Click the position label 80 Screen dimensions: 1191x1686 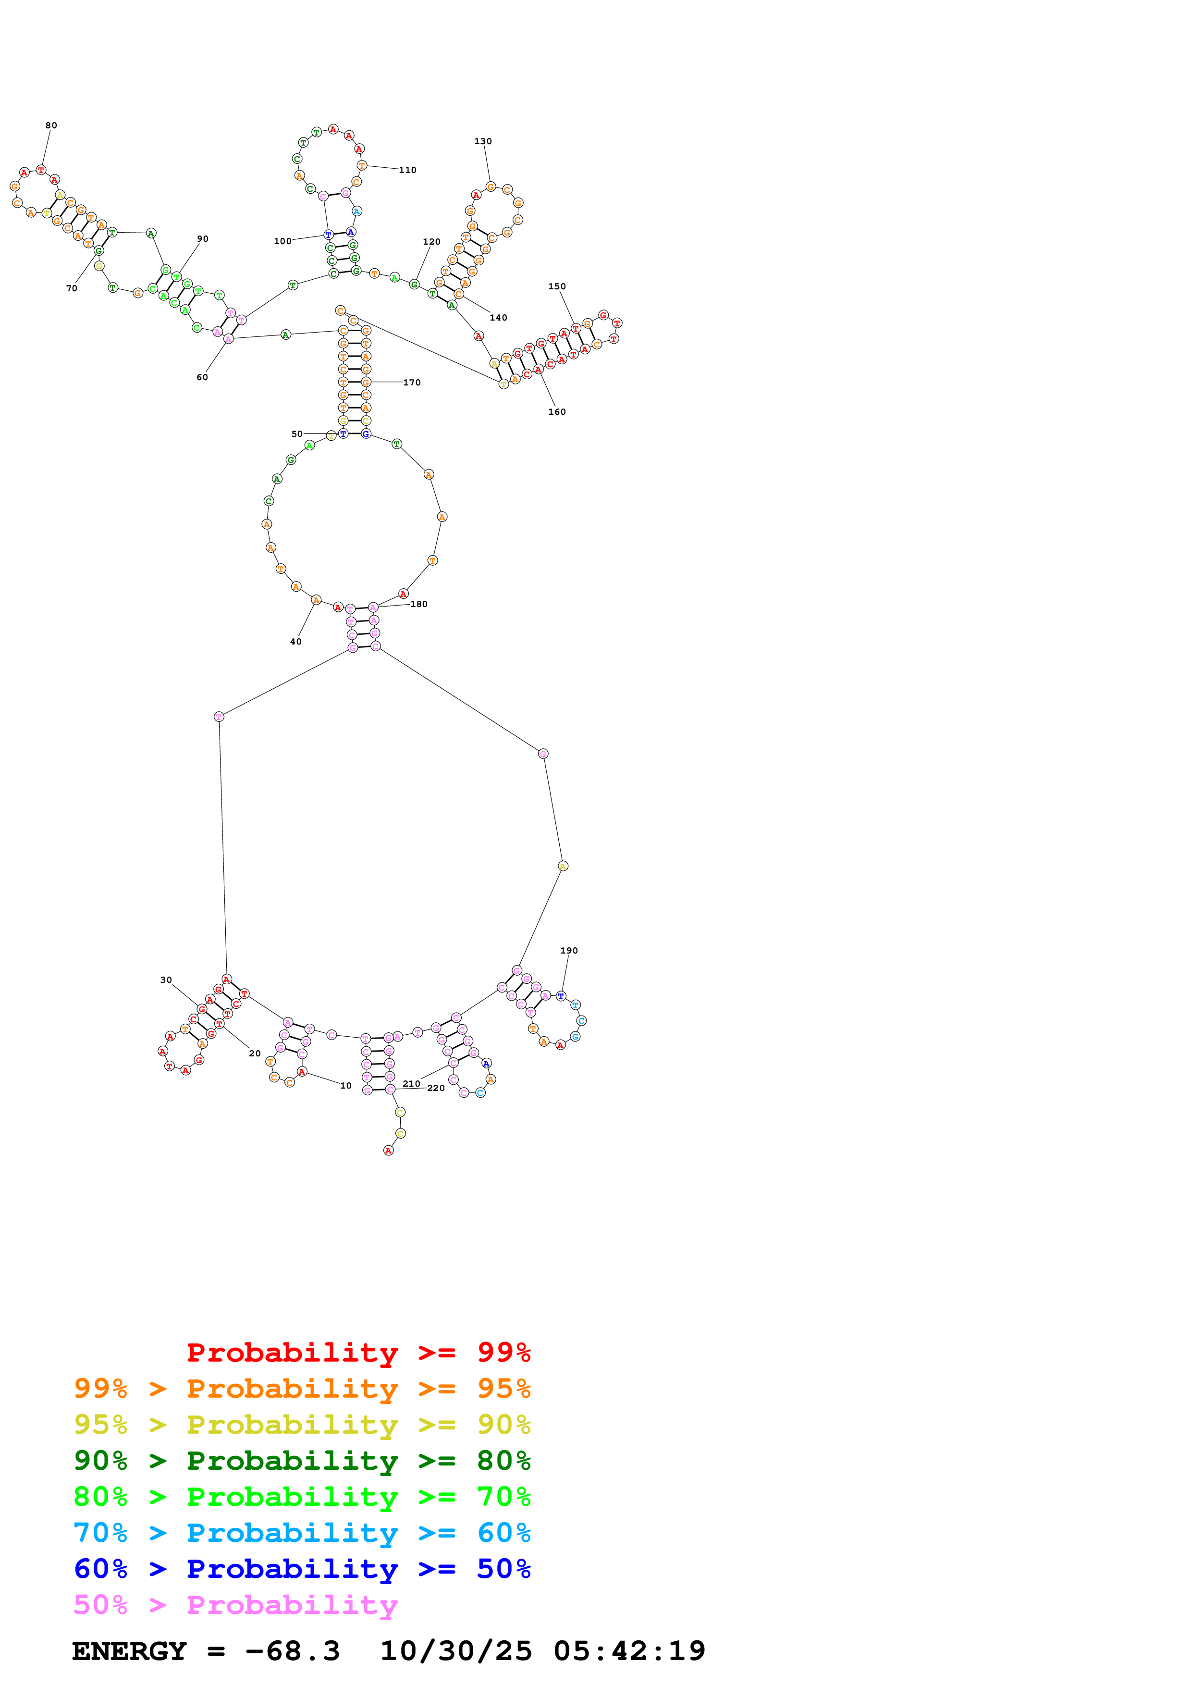click(x=51, y=125)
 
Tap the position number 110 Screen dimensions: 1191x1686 click(x=407, y=170)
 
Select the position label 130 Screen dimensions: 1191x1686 click(x=483, y=142)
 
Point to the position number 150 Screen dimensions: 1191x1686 click(x=557, y=287)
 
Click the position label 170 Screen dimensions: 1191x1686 click(x=412, y=383)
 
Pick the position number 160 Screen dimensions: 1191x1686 click(x=557, y=412)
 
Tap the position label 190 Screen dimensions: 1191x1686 click(x=569, y=951)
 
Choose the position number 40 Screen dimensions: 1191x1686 click(x=296, y=642)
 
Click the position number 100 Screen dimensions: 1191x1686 click(x=282, y=242)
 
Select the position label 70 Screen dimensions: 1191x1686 click(x=72, y=288)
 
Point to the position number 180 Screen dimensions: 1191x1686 click(x=418, y=604)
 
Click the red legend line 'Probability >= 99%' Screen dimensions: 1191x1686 click(x=358, y=1352)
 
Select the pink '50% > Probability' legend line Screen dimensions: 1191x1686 click(x=235, y=1605)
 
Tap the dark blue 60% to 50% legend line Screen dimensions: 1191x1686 click(x=302, y=1569)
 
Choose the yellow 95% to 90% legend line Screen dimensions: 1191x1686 click(x=302, y=1425)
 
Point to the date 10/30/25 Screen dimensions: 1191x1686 click(x=456, y=1651)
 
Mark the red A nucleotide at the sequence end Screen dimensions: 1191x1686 click(x=388, y=1151)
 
